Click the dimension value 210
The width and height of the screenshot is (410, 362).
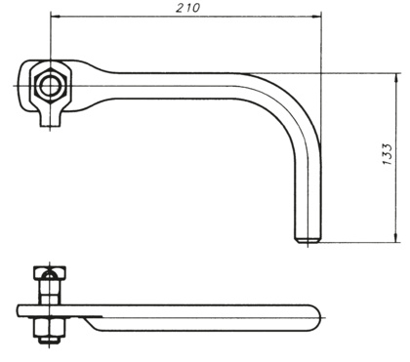(187, 8)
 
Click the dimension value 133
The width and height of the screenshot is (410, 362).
(388, 154)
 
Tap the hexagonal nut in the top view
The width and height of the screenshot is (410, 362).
(51, 86)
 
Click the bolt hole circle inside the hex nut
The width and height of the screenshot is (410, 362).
(51, 86)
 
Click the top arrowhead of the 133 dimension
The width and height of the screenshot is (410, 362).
(396, 78)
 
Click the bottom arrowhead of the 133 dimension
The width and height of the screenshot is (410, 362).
(396, 238)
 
